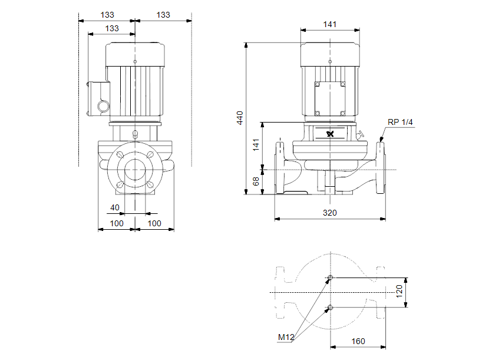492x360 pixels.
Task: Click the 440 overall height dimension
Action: [239, 117]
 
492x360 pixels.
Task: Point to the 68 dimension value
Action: [256, 182]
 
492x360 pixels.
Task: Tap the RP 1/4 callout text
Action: [401, 122]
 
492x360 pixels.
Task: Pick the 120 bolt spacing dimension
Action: [399, 291]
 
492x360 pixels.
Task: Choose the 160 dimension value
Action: [358, 341]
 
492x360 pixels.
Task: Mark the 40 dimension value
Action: [115, 207]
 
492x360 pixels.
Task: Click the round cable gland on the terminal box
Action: [103, 107]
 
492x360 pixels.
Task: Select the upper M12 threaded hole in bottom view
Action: [330, 278]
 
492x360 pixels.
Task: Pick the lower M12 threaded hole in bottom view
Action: [330, 307]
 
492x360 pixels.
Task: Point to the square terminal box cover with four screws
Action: [330, 98]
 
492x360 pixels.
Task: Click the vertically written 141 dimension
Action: [256, 145]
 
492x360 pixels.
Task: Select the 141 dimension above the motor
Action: [330, 24]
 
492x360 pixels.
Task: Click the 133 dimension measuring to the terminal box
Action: [111, 28]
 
